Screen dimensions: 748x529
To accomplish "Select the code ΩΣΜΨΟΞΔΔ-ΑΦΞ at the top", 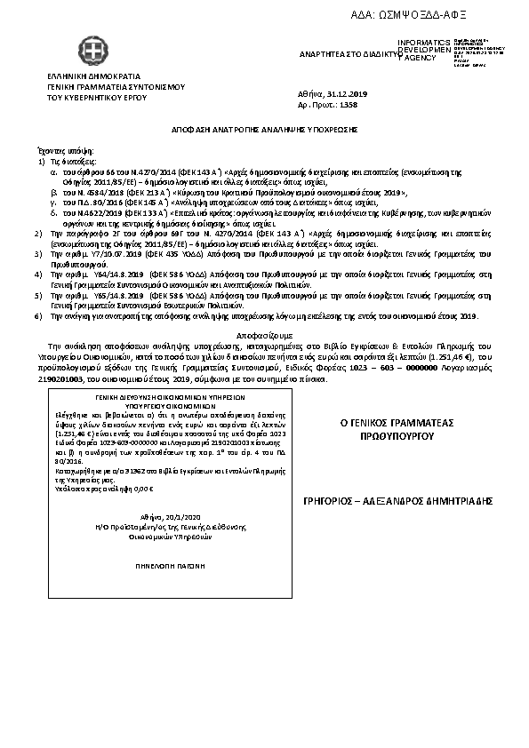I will coord(423,15).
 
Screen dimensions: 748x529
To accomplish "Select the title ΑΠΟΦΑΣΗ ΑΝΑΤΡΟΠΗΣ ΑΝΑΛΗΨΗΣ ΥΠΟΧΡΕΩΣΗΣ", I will coord(264,129).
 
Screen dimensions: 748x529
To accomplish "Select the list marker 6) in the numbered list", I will coord(37,315).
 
